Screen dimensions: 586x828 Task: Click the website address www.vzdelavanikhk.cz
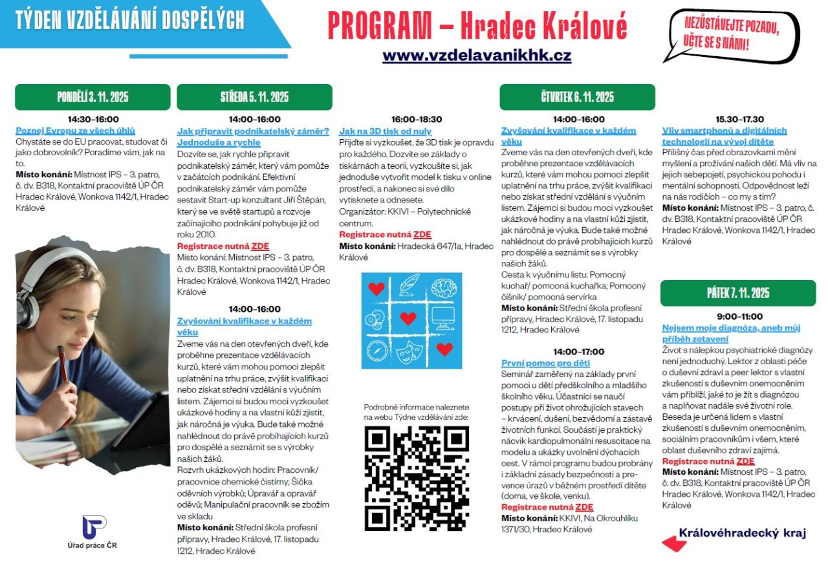(x=477, y=56)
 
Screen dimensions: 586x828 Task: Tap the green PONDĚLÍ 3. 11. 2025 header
(x=93, y=98)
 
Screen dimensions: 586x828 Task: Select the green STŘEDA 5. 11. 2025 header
(x=254, y=98)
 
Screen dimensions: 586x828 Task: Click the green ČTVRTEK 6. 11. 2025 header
(x=577, y=98)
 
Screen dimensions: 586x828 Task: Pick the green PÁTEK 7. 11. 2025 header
(x=737, y=293)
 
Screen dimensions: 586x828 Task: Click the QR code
(x=416, y=478)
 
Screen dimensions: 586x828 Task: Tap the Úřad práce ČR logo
(x=93, y=526)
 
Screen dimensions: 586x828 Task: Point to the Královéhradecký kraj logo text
(x=742, y=533)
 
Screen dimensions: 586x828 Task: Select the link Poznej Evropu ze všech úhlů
(x=76, y=130)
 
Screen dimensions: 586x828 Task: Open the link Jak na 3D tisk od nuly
(x=386, y=131)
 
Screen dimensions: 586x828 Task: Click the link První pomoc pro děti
(x=545, y=363)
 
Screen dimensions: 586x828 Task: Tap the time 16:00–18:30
(x=417, y=119)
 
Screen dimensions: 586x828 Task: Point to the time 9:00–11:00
(x=739, y=316)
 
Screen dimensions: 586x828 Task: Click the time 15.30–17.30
(x=739, y=119)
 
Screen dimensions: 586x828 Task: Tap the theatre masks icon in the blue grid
(x=408, y=352)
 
